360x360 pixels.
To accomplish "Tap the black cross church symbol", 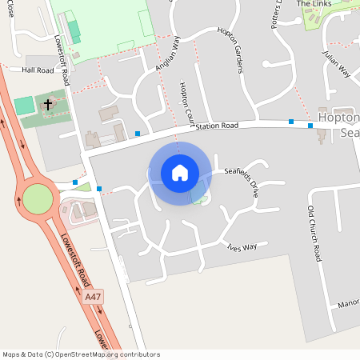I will click(x=47, y=105).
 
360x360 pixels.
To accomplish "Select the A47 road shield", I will click(x=94, y=297).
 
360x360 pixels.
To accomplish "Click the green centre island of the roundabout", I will click(x=37, y=199).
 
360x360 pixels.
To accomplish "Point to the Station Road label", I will click(x=217, y=126).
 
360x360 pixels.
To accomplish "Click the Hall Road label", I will click(x=38, y=70).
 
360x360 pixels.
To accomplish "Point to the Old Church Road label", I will click(x=314, y=233).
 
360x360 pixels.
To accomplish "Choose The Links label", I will click(x=314, y=4).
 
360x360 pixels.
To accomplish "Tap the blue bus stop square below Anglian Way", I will click(x=138, y=133).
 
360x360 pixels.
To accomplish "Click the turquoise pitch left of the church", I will click(x=25, y=105).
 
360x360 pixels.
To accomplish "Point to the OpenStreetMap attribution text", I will click(x=81, y=354).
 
